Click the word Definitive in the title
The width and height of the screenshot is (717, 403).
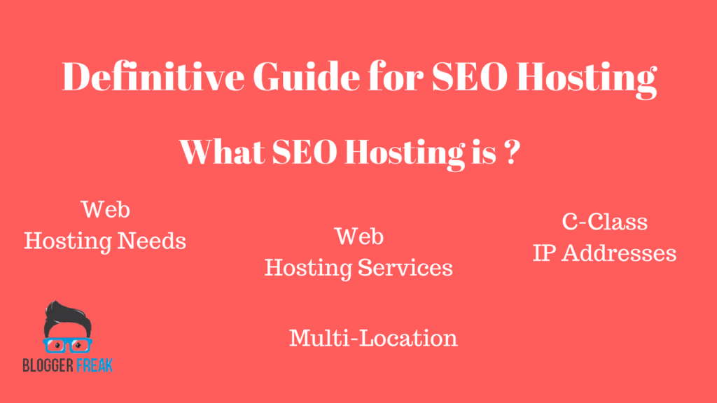(x=153, y=76)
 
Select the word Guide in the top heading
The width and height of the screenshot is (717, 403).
(x=307, y=76)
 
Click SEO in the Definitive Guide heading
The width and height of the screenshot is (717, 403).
(x=470, y=76)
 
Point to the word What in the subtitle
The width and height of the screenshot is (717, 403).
(x=222, y=152)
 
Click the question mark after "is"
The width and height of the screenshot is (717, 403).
(x=513, y=152)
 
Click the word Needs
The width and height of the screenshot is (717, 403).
(x=151, y=241)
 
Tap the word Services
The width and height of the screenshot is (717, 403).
(x=405, y=268)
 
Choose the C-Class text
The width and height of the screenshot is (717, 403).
(x=604, y=222)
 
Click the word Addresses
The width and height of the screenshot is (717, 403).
(x=619, y=253)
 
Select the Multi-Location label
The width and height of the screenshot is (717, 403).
(x=373, y=338)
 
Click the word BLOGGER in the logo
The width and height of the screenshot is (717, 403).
(x=48, y=365)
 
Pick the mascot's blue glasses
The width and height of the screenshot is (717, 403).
(x=68, y=346)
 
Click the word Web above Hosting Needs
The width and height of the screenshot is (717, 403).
(x=106, y=210)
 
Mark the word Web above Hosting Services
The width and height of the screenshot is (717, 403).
(x=359, y=236)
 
